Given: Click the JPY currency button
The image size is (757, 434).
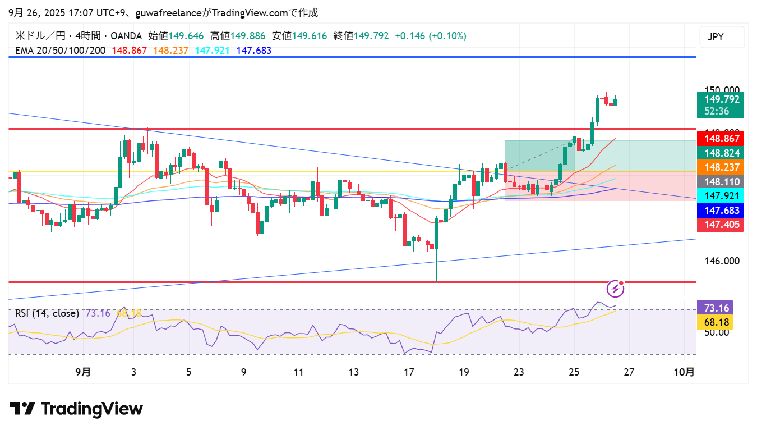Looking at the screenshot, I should click(x=722, y=37).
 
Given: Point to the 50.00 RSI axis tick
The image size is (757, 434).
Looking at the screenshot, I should click(x=716, y=332).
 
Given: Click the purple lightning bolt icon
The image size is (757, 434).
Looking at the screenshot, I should click(x=616, y=289).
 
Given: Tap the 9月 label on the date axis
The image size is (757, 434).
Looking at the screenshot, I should click(x=82, y=372).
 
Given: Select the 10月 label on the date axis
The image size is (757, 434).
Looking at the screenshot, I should click(x=684, y=372).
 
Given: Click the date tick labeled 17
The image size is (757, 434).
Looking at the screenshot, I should click(x=409, y=372).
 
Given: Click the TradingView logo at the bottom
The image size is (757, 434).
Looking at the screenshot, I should click(x=76, y=409).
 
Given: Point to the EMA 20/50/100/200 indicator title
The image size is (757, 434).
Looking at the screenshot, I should click(x=60, y=51).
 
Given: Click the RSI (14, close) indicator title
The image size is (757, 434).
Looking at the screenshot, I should click(x=47, y=313).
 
